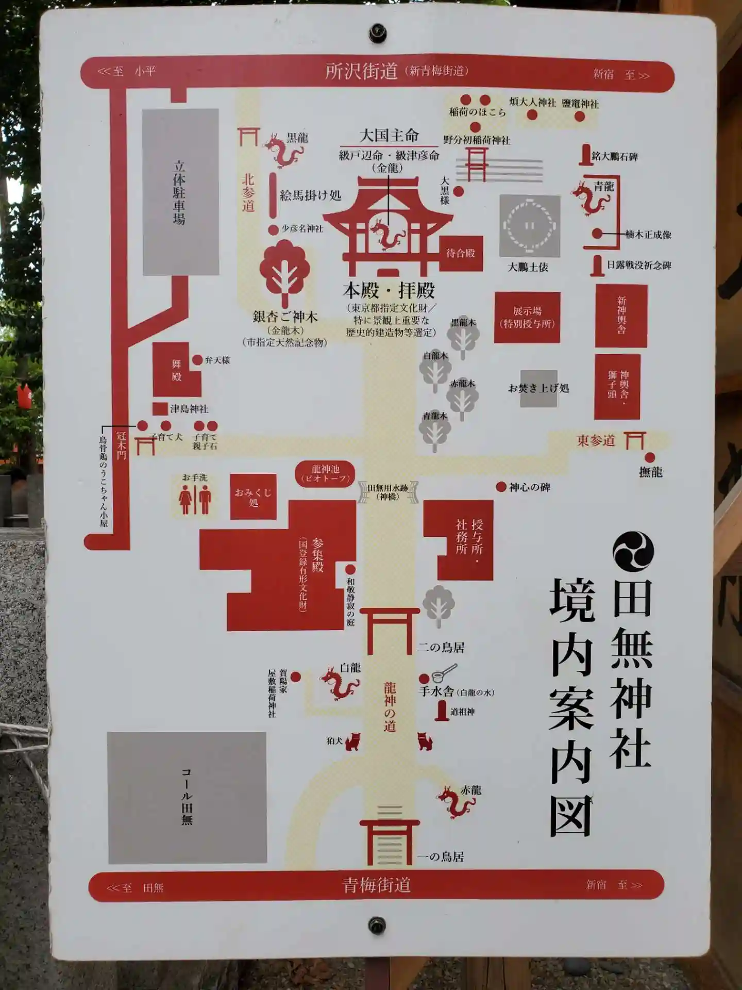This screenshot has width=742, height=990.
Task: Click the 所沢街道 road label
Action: [x=361, y=71]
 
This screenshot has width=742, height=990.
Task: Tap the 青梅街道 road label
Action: [x=377, y=885]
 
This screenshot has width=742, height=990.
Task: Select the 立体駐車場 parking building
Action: [x=180, y=192]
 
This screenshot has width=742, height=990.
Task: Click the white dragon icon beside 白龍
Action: [x=339, y=683]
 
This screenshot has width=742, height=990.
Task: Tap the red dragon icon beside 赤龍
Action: [x=455, y=802]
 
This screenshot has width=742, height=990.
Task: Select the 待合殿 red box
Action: [x=461, y=253]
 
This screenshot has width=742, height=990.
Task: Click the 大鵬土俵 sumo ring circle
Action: [x=530, y=226]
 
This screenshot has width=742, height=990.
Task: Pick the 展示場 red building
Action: [x=527, y=318]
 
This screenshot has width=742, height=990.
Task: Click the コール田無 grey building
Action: [x=187, y=797]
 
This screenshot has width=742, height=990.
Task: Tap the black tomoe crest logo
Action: [x=633, y=551]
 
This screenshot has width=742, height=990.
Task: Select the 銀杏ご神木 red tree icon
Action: [x=284, y=273]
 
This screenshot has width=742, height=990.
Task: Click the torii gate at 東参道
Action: [x=634, y=440]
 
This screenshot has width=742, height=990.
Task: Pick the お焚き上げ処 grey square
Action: [x=538, y=388]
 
